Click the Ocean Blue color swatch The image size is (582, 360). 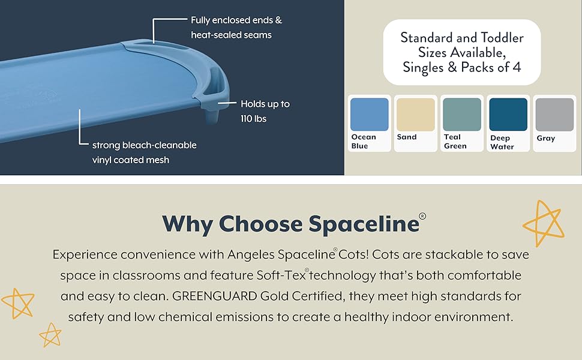(x=370, y=115)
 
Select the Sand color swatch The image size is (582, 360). (x=416, y=115)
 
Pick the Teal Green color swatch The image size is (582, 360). (x=462, y=115)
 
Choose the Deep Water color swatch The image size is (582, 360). (x=508, y=115)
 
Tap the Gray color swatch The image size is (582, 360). (x=554, y=115)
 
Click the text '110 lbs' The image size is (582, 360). (x=254, y=119)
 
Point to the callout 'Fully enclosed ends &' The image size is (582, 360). (x=236, y=20)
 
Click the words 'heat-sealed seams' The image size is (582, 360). (x=231, y=35)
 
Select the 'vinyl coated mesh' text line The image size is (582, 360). (x=131, y=160)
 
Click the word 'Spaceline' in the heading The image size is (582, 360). (x=364, y=224)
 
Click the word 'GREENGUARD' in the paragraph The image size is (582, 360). (x=215, y=296)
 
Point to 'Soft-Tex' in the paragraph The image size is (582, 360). (x=281, y=275)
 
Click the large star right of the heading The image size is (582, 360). (x=544, y=223)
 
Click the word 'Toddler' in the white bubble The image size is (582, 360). (x=502, y=38)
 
